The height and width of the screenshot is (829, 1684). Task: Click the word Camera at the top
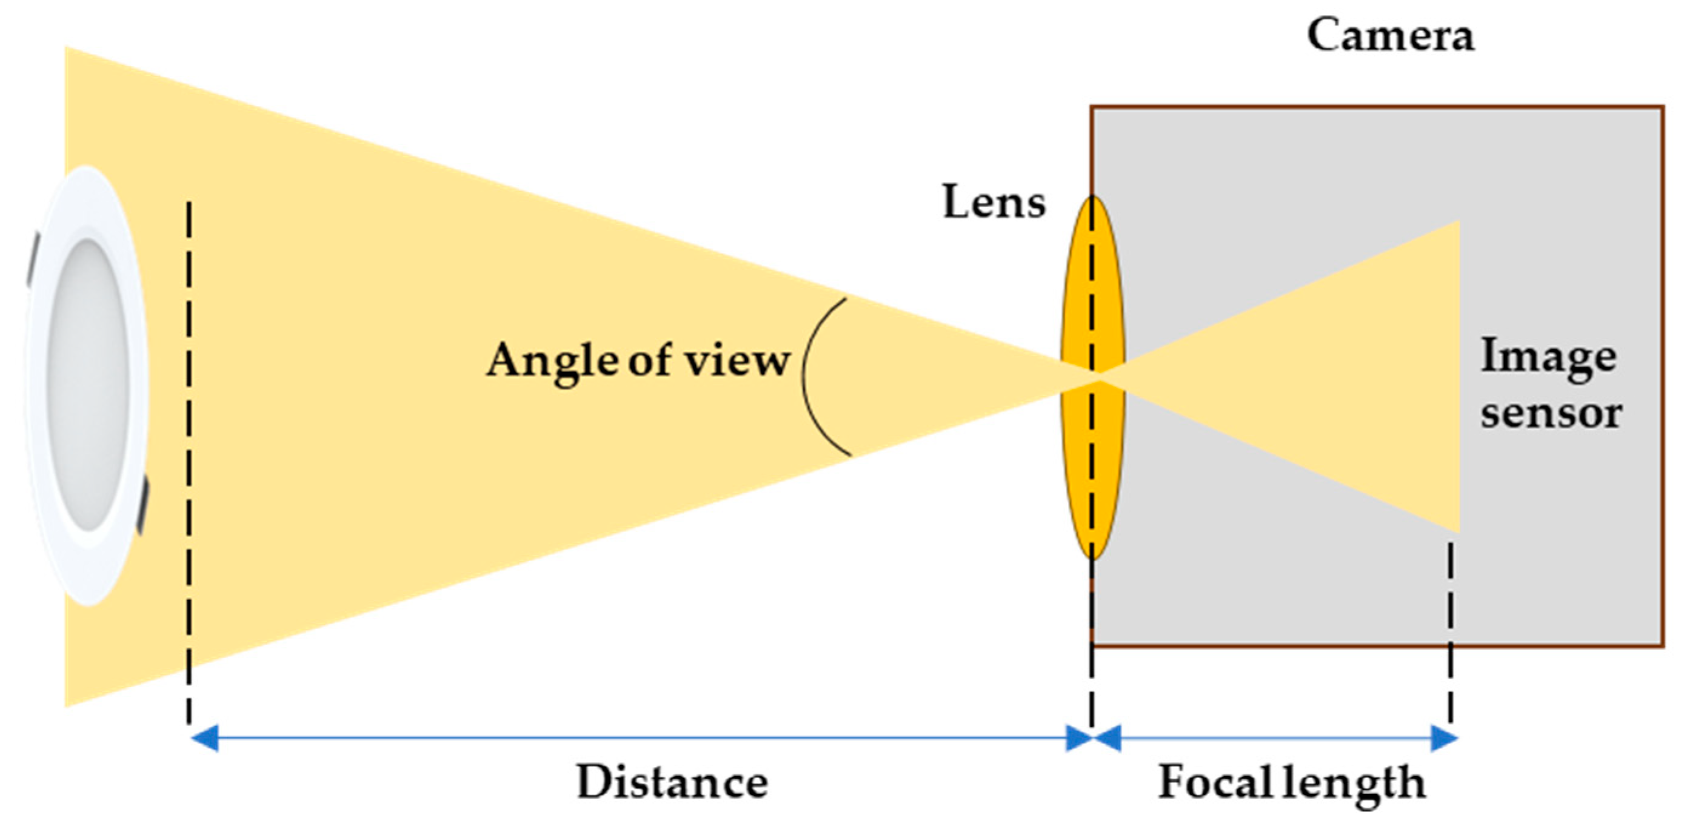[x=1390, y=35]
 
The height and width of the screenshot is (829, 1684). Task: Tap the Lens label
[x=994, y=202]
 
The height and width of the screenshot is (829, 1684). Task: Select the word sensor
[x=1551, y=413]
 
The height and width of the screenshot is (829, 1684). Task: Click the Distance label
[x=672, y=782]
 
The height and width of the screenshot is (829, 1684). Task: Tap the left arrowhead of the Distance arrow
[x=203, y=739]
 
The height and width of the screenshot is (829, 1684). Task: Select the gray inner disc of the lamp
[x=88, y=385]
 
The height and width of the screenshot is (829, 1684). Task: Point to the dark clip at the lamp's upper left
[x=33, y=258]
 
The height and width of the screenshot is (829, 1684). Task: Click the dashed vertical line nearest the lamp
[x=189, y=458]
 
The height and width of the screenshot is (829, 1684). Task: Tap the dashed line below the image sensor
[x=1451, y=627]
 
